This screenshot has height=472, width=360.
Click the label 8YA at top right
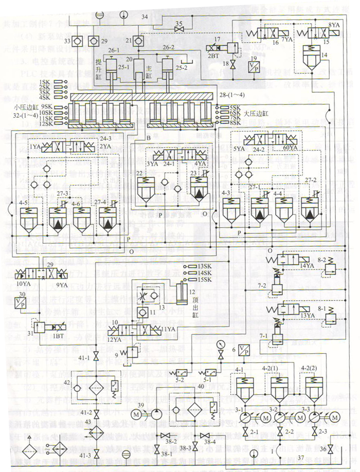click(x=334, y=24)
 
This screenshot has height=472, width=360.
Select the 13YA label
click(x=307, y=315)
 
